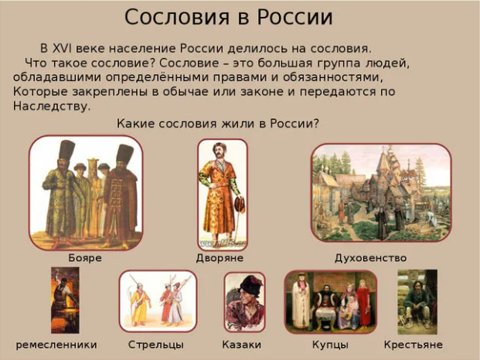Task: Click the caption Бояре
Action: coord(85,257)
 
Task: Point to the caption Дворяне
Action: coord(220,257)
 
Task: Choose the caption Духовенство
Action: coord(370,257)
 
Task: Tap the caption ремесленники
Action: coord(56,345)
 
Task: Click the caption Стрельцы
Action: coord(155,345)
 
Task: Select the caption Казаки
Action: coord(241,345)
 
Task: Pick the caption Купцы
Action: coord(330,345)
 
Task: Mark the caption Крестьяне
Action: coord(414,345)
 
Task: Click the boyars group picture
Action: coord(86,192)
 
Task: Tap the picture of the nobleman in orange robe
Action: coord(222,192)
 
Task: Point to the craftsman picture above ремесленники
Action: coord(65,301)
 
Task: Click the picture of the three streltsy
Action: coord(158,301)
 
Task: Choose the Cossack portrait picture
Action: coord(244,302)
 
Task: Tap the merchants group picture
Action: coord(331,302)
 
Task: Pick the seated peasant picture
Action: coord(417,302)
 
